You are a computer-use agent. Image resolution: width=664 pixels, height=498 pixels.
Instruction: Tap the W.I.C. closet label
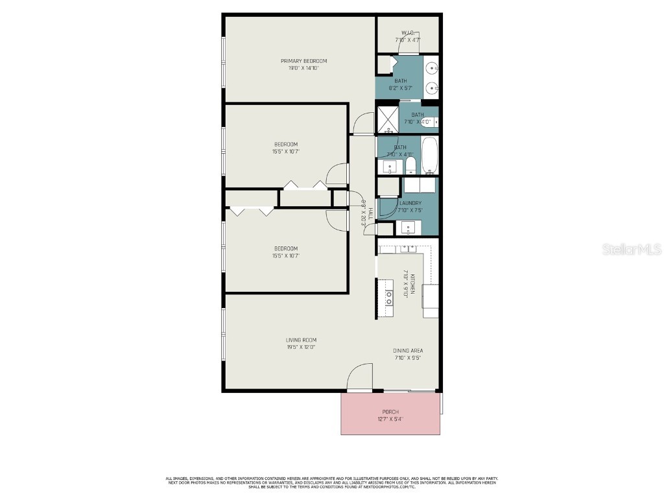tap(408, 32)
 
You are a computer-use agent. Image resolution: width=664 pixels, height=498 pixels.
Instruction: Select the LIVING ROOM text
tap(301, 340)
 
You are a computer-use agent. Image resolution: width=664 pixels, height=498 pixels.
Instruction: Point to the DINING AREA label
tap(408, 351)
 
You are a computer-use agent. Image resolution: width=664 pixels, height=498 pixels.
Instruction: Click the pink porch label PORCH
tap(390, 412)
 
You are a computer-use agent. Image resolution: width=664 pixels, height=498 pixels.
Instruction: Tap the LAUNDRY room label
tap(410, 203)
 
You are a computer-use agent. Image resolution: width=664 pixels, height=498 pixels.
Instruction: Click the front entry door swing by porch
tap(361, 377)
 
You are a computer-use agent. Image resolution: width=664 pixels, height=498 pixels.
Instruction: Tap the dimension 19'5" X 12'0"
tap(301, 347)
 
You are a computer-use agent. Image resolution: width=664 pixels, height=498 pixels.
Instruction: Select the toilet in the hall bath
tap(410, 165)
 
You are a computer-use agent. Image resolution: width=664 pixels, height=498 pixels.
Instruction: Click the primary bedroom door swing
tap(364, 123)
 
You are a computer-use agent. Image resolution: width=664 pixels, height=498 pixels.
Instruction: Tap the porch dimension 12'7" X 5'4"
tap(390, 419)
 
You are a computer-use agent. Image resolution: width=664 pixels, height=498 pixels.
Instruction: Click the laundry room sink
tap(407, 228)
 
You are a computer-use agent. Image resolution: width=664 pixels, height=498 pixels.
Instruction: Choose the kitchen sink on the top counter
tap(407, 248)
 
